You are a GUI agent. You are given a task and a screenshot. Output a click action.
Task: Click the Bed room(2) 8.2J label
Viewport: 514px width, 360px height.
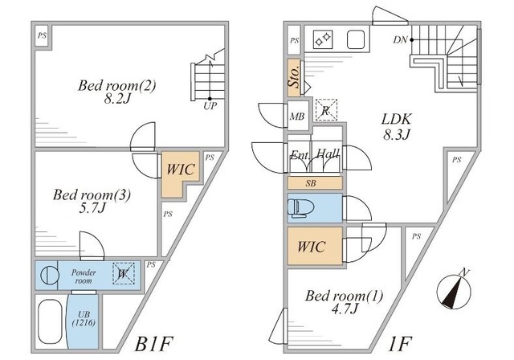111,93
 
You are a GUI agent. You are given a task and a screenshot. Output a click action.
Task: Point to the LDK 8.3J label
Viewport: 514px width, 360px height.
394,125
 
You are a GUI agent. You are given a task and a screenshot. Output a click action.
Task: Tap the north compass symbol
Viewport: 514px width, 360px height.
456,288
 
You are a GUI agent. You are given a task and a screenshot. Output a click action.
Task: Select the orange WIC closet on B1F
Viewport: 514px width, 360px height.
178,171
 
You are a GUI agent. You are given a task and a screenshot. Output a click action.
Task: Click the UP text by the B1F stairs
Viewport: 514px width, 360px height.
210,105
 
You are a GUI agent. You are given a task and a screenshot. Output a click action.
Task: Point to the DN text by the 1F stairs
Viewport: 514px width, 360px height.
400,39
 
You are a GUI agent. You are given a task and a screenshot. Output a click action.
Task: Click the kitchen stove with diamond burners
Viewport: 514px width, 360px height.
324,39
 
